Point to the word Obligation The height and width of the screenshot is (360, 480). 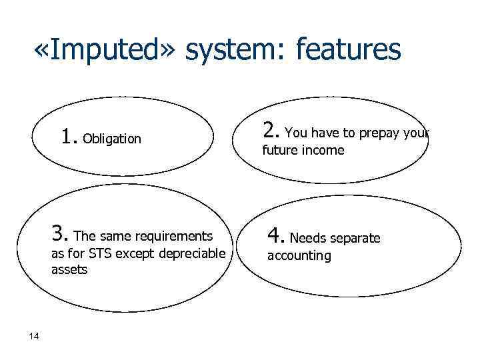pos(113,139)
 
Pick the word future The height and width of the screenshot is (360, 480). pos(279,151)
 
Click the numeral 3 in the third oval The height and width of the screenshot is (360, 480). pos(59,234)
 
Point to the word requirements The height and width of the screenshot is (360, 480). pos(173,236)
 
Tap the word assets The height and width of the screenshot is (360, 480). pos(69,270)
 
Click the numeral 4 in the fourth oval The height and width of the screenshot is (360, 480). pos(275,235)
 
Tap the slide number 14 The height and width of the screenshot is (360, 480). pos(34,335)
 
